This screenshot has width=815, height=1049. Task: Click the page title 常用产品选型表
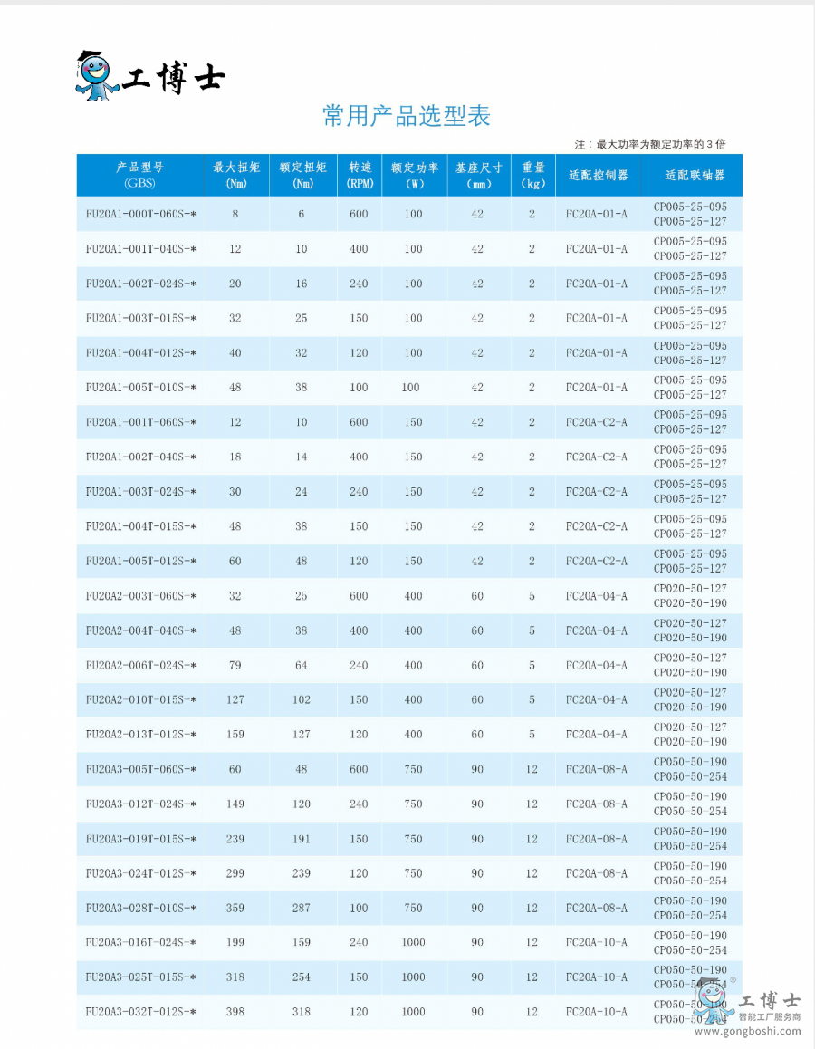click(x=406, y=116)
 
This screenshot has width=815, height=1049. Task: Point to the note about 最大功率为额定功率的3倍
click(x=650, y=144)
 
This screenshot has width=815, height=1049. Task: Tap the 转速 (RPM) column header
click(x=360, y=175)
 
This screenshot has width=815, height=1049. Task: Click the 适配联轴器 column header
click(x=695, y=175)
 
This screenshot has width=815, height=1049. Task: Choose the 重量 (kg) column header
click(x=533, y=175)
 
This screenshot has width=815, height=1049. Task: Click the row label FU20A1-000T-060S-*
click(x=140, y=214)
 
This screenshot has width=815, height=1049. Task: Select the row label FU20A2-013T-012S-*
click(x=140, y=734)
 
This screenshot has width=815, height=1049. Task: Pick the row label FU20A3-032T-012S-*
click(x=140, y=1011)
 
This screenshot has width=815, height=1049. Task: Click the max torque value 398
click(x=235, y=1011)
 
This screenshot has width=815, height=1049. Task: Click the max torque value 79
click(x=235, y=665)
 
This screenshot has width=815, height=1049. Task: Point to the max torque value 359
click(x=235, y=908)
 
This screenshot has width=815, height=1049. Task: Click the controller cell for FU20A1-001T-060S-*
click(x=596, y=422)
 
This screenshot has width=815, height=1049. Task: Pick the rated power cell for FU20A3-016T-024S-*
click(x=413, y=942)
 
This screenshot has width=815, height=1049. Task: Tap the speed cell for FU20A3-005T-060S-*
click(x=360, y=769)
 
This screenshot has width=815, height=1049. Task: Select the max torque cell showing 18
click(x=235, y=457)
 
